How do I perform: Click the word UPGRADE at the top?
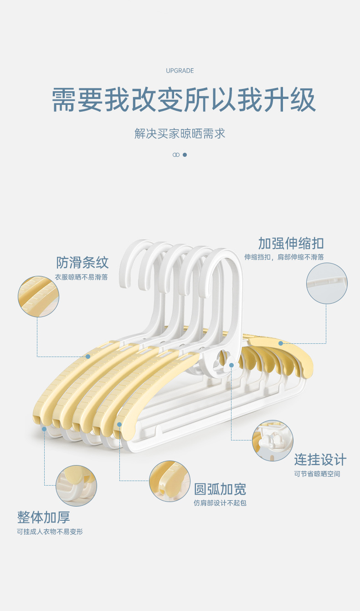(180, 71)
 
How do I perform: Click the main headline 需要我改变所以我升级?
(184, 100)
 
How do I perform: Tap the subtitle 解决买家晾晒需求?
(180, 134)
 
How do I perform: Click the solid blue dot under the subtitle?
(185, 155)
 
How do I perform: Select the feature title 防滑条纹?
(82, 262)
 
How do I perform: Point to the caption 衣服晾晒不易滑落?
(81, 277)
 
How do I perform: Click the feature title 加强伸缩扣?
(291, 243)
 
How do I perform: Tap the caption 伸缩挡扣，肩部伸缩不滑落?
(284, 257)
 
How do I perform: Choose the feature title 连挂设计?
(320, 460)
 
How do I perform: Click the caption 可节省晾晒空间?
(317, 474)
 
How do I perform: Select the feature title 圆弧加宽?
(220, 489)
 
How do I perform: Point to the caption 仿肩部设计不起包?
(220, 503)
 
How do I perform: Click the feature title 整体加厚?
(44, 518)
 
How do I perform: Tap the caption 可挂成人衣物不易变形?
(50, 532)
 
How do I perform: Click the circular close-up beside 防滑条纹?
(38, 296)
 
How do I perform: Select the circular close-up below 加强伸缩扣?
(327, 284)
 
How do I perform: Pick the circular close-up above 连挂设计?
(273, 440)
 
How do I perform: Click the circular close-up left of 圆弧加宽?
(170, 482)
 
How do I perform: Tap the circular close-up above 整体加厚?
(76, 486)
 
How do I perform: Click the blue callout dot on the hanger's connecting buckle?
(231, 365)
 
